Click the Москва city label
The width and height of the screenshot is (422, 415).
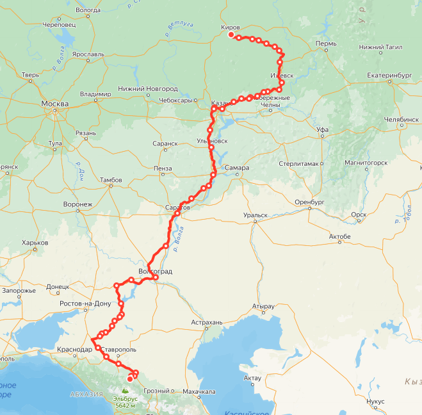(x=54, y=103)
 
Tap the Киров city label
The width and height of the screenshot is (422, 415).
(x=230, y=28)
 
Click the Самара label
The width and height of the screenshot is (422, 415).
(x=237, y=168)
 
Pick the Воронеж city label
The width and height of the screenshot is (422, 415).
(x=78, y=204)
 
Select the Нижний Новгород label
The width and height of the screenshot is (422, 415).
(x=148, y=88)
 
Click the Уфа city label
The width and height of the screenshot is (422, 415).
(x=322, y=129)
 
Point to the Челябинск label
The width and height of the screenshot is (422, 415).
(x=402, y=119)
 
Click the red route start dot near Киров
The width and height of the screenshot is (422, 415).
(x=231, y=35)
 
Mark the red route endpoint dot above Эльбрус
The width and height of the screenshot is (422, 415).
(x=130, y=378)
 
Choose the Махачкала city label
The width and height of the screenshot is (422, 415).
(x=200, y=391)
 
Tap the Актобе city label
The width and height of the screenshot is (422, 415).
(x=339, y=237)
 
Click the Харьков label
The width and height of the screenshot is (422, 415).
(x=35, y=243)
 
